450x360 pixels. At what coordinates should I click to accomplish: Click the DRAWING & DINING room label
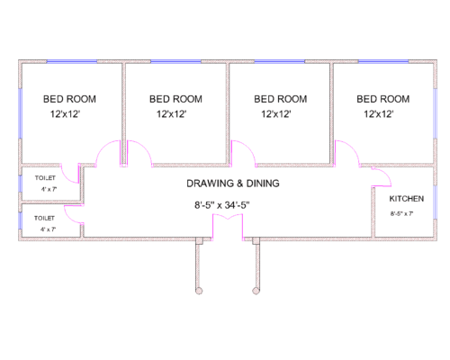233,184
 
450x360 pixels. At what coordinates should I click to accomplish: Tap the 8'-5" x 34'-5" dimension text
222,205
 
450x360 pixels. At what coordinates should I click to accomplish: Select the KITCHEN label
407,199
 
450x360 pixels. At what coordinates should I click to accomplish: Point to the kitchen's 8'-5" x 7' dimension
401,214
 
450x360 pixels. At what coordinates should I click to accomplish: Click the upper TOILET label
45,178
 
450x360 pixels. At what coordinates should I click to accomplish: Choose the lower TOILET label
44,218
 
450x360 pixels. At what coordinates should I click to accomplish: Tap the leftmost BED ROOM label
69,99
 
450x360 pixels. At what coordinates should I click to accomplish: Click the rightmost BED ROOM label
383,99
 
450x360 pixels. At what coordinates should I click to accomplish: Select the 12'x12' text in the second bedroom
172,114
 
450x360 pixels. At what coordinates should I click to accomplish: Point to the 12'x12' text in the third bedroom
276,114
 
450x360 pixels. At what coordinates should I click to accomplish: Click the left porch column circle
199,291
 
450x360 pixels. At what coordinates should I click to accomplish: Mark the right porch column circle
256,291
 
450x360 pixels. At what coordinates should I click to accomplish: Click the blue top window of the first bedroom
72,61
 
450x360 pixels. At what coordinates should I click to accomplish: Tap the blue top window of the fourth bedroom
383,61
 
